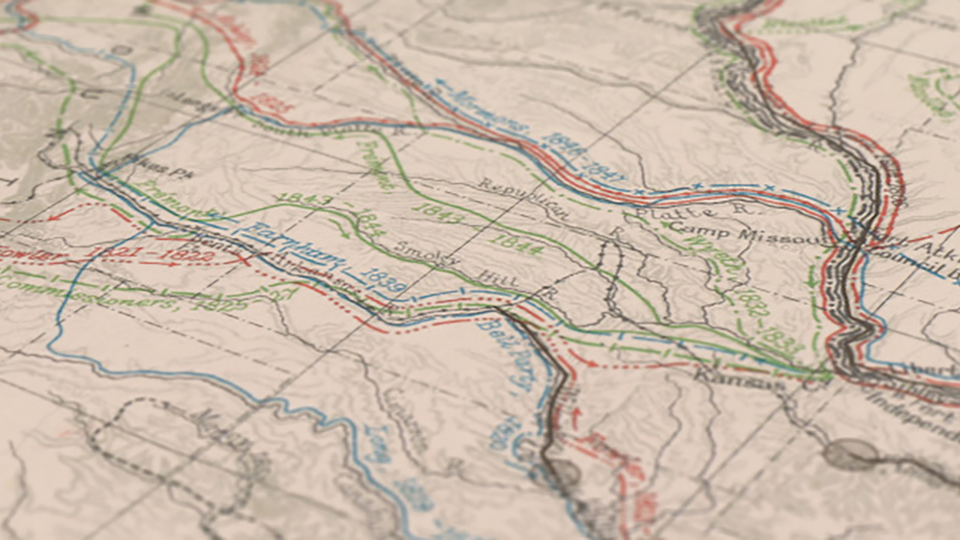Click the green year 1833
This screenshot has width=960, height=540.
(x=782, y=340)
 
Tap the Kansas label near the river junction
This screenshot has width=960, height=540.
(x=737, y=378)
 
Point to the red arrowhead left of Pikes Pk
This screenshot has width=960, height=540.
(x=54, y=216)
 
